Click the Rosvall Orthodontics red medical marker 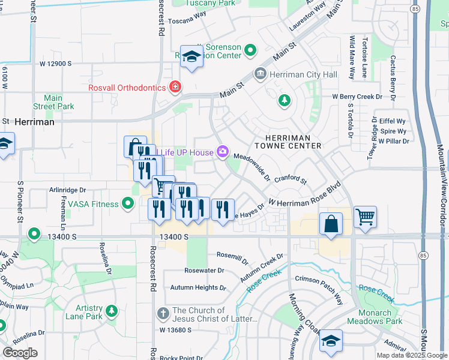tap(175, 88)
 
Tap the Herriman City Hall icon tap(261, 74)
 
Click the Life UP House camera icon tap(223, 152)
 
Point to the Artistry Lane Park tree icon tap(111, 311)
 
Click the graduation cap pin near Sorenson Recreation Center tap(191, 57)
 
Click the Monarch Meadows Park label tap(381, 317)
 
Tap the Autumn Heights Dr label tap(198, 287)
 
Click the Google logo tap(20, 353)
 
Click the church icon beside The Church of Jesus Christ tap(163, 313)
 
